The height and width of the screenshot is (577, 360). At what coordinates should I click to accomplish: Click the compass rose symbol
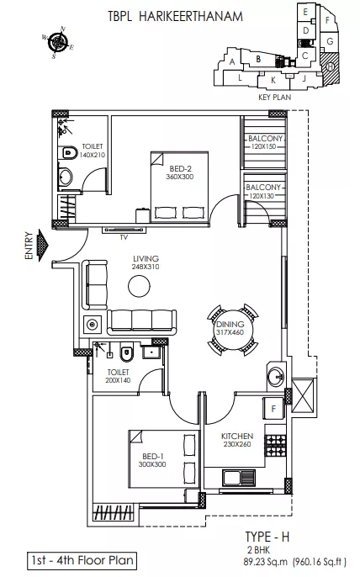click(58, 42)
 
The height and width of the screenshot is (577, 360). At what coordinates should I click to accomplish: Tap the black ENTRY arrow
click(43, 245)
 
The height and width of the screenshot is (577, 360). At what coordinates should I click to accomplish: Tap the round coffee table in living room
click(139, 284)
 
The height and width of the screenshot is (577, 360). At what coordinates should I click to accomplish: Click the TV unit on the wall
click(124, 230)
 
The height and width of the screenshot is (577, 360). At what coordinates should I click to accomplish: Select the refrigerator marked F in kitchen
click(273, 409)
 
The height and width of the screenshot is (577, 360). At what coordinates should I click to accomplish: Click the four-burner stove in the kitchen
click(276, 444)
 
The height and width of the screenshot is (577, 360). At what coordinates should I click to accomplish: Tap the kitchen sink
click(239, 478)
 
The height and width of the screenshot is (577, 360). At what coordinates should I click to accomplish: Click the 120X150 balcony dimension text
click(263, 146)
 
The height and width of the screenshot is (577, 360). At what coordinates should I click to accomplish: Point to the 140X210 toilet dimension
click(93, 155)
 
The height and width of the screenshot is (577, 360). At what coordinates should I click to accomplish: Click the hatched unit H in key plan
click(330, 66)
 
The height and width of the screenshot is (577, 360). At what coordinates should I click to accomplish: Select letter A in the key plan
click(232, 62)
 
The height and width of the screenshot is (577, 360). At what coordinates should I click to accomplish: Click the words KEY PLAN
click(274, 98)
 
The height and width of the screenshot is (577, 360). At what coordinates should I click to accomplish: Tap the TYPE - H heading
click(267, 537)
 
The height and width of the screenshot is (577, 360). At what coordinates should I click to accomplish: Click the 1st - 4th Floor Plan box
click(82, 560)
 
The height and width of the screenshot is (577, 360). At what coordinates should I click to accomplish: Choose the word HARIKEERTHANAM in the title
click(191, 17)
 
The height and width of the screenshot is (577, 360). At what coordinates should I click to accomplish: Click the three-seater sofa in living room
click(141, 321)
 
